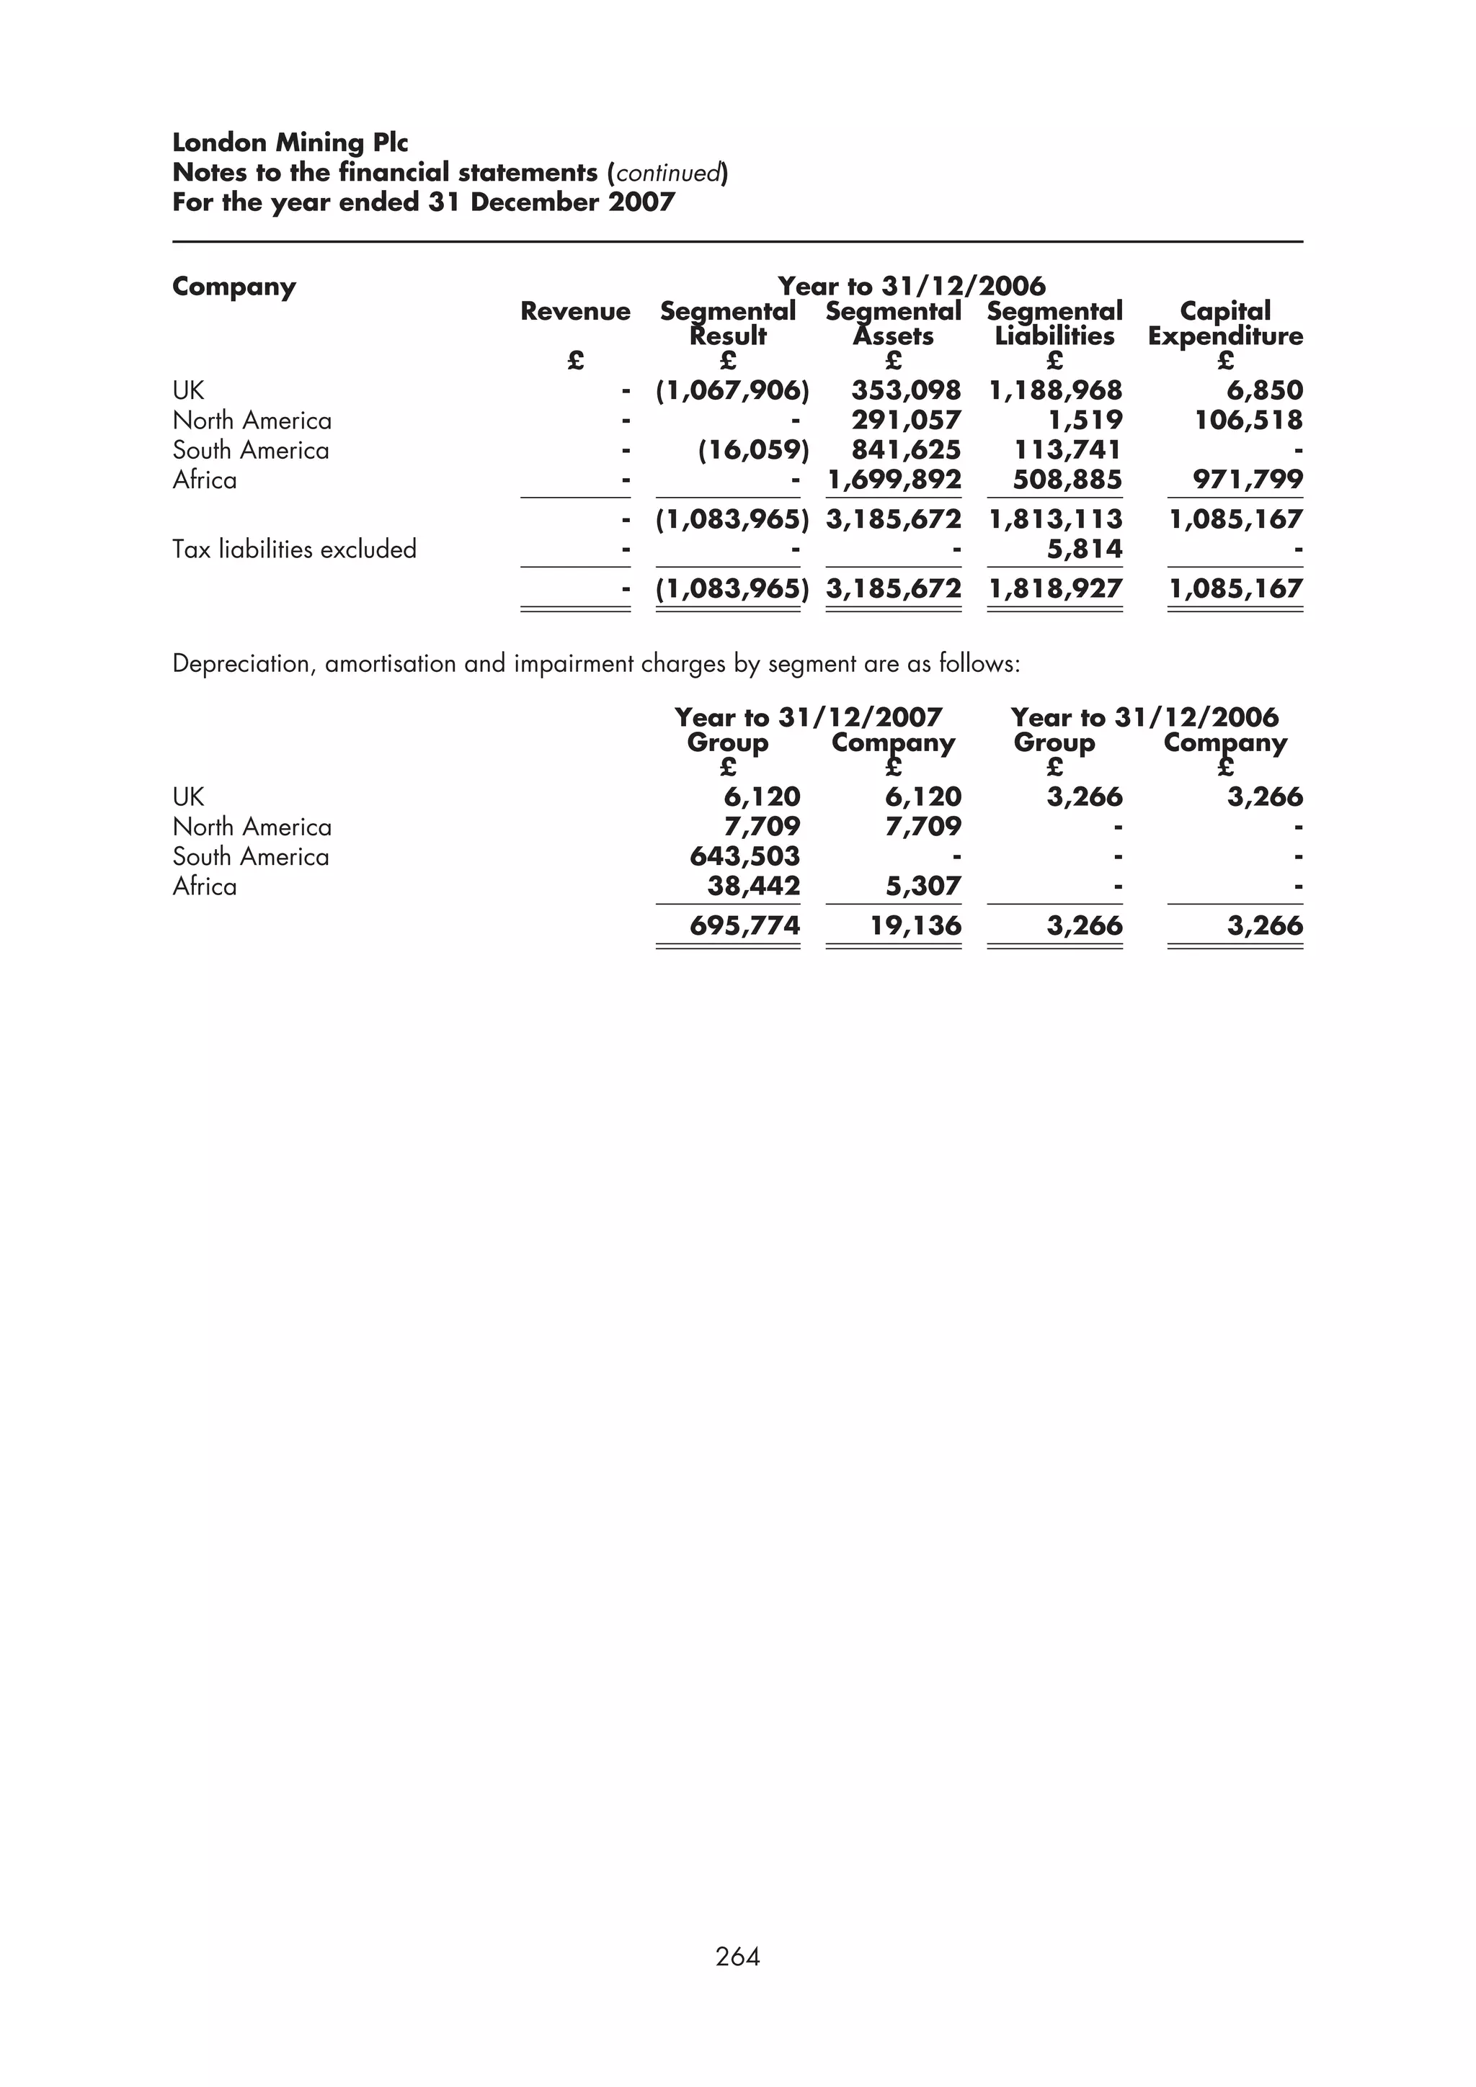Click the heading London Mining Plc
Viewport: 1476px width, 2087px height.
290,143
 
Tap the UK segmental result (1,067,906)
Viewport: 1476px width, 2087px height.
732,391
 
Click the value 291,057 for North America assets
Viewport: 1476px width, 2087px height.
906,420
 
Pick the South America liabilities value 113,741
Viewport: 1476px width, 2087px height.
1067,450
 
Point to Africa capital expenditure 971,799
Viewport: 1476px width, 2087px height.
1248,479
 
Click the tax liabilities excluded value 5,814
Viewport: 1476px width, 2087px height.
1084,549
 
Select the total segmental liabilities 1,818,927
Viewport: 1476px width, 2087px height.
1055,588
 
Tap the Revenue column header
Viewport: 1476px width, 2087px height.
574,312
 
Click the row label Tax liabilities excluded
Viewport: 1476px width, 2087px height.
294,549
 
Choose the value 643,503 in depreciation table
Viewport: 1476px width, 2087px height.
744,856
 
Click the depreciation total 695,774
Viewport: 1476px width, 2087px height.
744,925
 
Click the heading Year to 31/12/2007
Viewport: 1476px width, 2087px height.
808,717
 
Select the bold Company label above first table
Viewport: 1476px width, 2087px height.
234,287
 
